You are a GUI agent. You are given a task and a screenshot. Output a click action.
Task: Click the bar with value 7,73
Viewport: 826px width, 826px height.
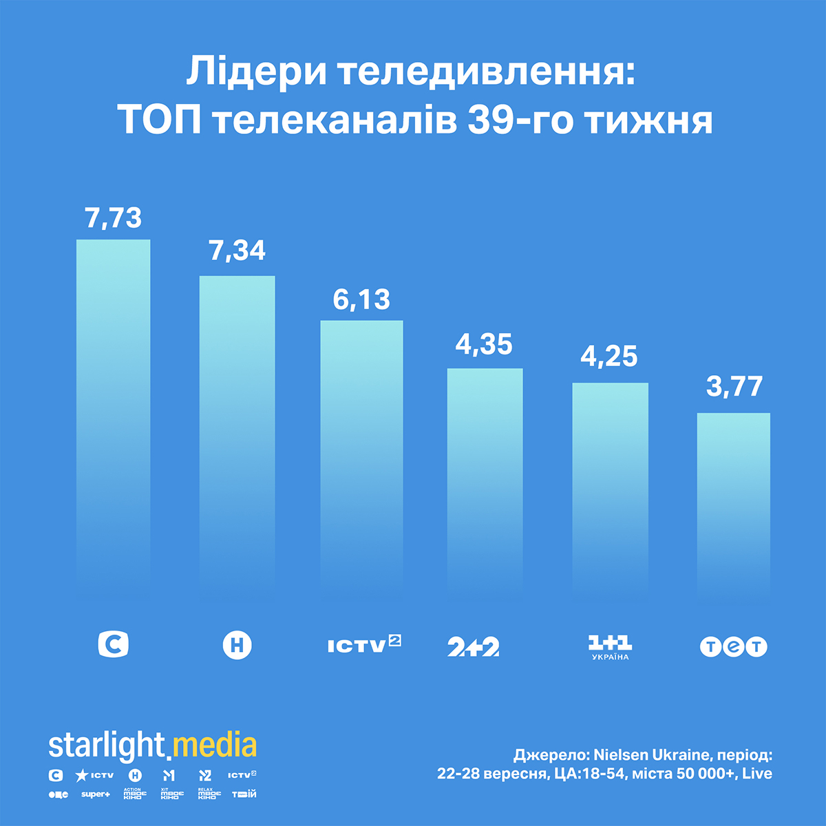point(113,413)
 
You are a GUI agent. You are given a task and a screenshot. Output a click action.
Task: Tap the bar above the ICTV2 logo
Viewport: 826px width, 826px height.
point(361,454)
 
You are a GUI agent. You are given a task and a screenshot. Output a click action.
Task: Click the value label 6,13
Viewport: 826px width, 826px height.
point(361,300)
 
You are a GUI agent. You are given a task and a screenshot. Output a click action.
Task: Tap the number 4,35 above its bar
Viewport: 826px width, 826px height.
point(484,344)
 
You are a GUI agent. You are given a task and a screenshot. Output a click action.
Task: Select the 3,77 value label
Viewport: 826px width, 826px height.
point(734,387)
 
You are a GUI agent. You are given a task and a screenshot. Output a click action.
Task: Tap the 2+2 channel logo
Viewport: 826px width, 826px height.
point(474,647)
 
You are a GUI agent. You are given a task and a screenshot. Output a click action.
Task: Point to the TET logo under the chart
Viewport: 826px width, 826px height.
point(733,647)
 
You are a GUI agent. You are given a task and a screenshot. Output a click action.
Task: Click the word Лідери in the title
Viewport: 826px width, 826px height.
point(255,73)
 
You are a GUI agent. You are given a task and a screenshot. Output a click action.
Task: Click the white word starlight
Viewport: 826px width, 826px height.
point(107,745)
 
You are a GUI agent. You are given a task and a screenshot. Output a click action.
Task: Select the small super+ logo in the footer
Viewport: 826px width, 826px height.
point(95,794)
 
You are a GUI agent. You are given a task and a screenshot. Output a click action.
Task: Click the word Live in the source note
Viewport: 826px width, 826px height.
point(757,774)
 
